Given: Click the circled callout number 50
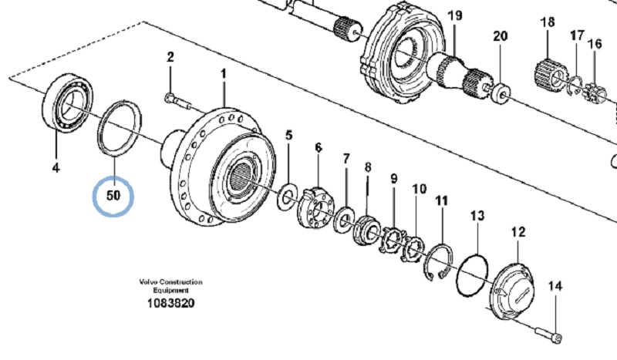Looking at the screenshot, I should click(x=113, y=196).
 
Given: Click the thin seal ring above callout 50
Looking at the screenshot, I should click(x=116, y=126).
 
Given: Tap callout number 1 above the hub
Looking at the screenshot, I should click(x=224, y=75).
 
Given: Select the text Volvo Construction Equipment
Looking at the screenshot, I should click(x=170, y=286).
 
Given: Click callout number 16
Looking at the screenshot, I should click(x=594, y=43).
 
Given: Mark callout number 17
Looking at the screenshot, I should click(x=577, y=35).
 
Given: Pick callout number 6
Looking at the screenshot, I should click(x=317, y=147).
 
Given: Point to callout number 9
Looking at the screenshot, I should click(x=393, y=179).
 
